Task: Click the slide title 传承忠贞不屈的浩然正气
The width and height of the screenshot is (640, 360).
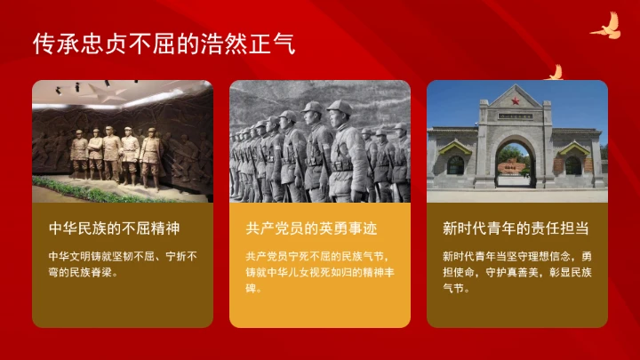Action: point(164,42)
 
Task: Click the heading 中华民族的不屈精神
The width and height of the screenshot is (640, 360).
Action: point(108,228)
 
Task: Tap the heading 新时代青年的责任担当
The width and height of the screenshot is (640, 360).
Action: point(516,228)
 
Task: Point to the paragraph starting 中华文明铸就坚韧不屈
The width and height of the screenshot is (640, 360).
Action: point(123,264)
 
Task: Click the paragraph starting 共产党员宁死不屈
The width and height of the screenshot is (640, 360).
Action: point(319,271)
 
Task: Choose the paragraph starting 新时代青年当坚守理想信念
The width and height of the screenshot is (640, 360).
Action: point(516,271)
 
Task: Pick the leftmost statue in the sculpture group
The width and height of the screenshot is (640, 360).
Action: point(78,154)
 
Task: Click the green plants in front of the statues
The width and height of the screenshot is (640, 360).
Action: point(98,188)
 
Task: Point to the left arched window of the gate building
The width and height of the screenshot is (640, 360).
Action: point(456,164)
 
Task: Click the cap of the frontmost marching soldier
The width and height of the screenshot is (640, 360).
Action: point(339,108)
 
